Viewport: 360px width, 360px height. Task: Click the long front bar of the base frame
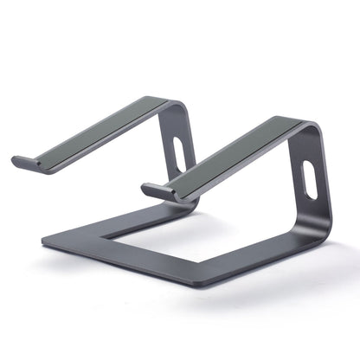[x=156, y=269]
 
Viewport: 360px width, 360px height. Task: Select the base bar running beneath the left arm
[x=104, y=220]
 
